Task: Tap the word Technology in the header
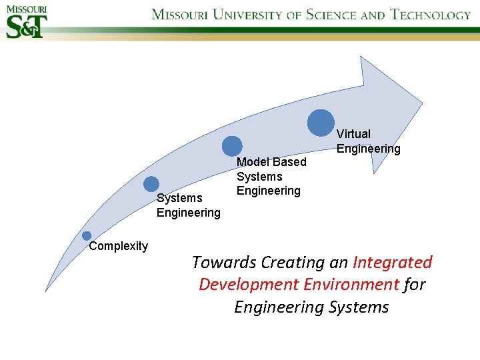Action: coord(430,15)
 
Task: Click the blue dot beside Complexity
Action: coord(87,236)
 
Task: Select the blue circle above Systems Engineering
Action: coord(151,184)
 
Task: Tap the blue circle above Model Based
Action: coord(232,146)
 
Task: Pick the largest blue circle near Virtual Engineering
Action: coord(321,123)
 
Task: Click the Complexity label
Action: coord(119,246)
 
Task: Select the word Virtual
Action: coord(353,134)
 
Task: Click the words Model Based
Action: coord(271,162)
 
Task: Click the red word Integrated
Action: coord(393,263)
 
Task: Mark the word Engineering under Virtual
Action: coord(368,149)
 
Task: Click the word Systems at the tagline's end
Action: coord(359,307)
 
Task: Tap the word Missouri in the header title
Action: coord(184,15)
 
